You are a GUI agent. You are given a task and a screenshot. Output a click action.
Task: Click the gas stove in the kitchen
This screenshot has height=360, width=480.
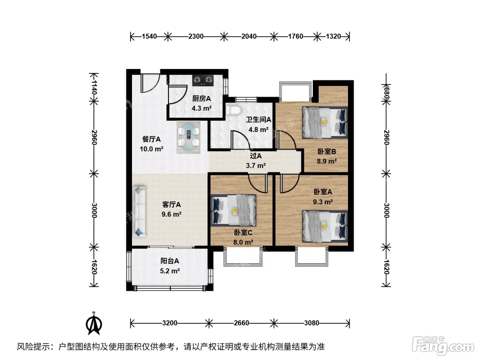click(203, 81)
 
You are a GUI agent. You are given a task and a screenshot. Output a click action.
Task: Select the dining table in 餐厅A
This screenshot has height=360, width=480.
click(188, 137)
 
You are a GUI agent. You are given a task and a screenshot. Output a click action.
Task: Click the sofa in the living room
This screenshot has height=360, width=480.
click(139, 211)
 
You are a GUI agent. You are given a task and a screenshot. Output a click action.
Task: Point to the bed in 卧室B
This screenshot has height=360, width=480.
click(325, 123)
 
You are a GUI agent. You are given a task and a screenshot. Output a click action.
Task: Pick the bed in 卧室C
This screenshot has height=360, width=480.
click(233, 210)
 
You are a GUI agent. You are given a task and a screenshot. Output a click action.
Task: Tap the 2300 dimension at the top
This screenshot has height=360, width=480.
click(196, 36)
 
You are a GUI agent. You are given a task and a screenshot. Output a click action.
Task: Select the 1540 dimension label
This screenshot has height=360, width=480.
click(149, 36)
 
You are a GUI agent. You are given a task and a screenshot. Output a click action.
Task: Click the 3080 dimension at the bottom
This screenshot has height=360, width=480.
click(311, 323)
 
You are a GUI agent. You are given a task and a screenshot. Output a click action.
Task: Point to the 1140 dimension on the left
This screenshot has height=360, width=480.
click(94, 87)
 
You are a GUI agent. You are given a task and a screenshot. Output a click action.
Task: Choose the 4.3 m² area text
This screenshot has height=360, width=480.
click(202, 108)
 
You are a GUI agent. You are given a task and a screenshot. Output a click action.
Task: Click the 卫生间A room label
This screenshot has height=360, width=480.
click(259, 120)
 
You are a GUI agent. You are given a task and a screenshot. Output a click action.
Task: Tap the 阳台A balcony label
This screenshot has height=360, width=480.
click(170, 261)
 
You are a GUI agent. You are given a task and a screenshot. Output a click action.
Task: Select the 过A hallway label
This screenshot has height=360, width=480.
click(256, 156)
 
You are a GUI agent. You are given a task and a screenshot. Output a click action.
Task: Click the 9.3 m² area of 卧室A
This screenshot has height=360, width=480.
click(323, 202)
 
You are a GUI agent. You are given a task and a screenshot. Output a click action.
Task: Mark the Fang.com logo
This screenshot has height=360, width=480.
click(443, 346)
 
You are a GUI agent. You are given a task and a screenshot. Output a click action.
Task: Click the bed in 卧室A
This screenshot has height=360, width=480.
click(325, 226)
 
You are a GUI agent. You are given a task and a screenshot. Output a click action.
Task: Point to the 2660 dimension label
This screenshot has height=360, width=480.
click(241, 323)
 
